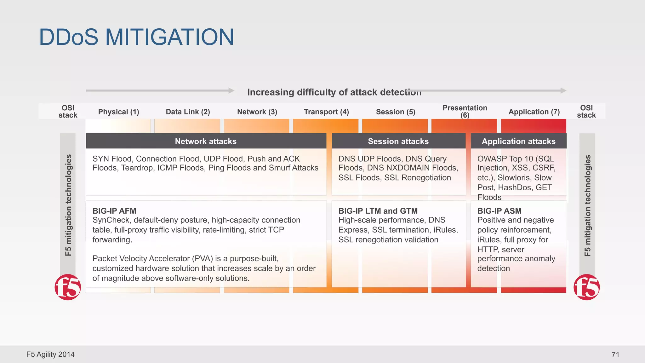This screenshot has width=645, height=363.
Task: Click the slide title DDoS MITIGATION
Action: pyautogui.click(x=136, y=37)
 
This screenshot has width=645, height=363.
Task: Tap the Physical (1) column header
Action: pyautogui.click(x=118, y=112)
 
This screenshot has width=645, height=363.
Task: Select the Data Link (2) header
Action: pyautogui.click(x=188, y=112)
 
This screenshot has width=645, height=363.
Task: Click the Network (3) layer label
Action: pyautogui.click(x=257, y=112)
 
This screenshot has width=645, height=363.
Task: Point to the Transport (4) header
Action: pyautogui.click(x=326, y=112)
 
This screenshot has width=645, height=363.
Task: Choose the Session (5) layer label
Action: pyautogui.click(x=396, y=112)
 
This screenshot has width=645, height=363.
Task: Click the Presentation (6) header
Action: pyautogui.click(x=465, y=111)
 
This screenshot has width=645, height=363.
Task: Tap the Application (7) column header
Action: pyautogui.click(x=534, y=112)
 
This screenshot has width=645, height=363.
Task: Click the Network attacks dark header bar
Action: pyautogui.click(x=206, y=141)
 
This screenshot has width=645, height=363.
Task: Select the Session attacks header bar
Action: pyautogui.click(x=398, y=141)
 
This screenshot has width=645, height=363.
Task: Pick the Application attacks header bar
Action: pyautogui.click(x=518, y=141)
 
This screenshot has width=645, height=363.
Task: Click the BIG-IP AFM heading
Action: pyautogui.click(x=114, y=211)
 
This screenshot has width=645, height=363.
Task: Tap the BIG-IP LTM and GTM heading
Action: pyautogui.click(x=378, y=211)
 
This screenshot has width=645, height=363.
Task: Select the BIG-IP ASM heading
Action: pyautogui.click(x=499, y=211)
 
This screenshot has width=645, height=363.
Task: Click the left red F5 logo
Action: pyautogui.click(x=68, y=287)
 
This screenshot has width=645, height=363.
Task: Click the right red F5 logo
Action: pyautogui.click(x=586, y=287)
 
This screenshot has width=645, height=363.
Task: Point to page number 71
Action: pyautogui.click(x=615, y=354)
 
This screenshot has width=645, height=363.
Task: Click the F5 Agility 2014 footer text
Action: pyautogui.click(x=50, y=354)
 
